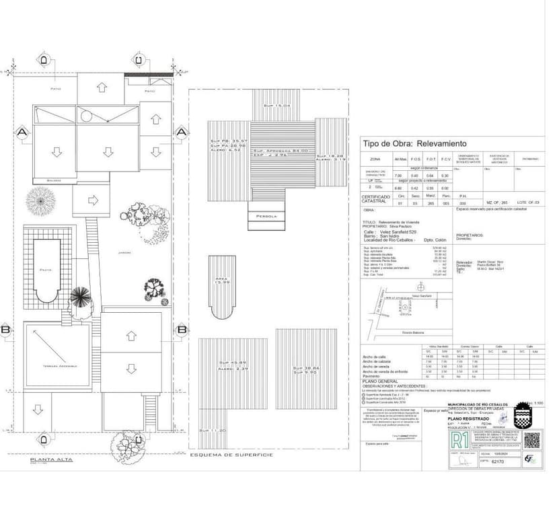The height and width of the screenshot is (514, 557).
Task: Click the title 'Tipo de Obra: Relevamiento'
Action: [414, 144]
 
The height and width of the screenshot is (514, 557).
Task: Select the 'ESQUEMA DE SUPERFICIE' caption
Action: [231, 455]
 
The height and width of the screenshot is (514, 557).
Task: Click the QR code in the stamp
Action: [531, 439]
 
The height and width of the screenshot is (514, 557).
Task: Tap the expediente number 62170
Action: [498, 462]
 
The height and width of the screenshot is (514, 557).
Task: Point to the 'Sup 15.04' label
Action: [276, 106]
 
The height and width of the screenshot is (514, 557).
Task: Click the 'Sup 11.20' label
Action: [217, 430]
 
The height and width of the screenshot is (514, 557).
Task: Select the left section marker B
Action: [5, 330]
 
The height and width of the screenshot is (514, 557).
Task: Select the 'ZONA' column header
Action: [375, 159]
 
